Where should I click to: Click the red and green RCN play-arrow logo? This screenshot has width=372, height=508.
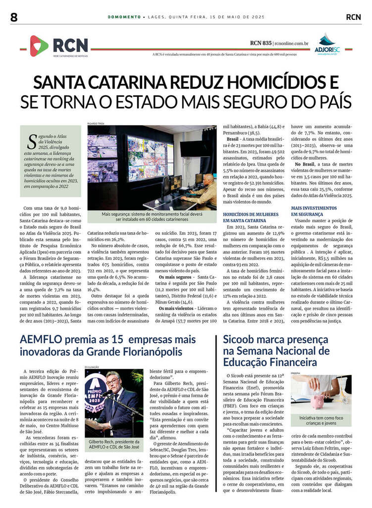pos(39,46)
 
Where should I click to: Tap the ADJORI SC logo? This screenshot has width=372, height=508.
pos(327,44)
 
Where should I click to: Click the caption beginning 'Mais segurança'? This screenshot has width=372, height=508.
pos(152,216)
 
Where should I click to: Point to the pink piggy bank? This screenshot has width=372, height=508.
pos(318,400)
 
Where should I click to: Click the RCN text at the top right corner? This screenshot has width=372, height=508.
pos(353,17)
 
